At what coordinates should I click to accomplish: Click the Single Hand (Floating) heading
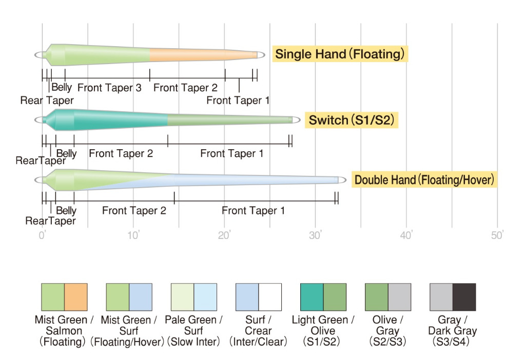coord(340,54)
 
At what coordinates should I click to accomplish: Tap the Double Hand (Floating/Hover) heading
coord(424,180)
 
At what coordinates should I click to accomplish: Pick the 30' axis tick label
coord(315,235)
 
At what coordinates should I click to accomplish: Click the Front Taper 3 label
coord(109,88)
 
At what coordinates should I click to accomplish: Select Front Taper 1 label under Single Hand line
coord(238,101)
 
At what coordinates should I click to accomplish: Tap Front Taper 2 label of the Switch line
coord(121,153)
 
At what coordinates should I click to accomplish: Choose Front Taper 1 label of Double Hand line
coord(253,210)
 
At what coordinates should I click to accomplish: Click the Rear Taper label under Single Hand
coord(47,101)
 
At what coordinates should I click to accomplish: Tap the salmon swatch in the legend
coord(75,297)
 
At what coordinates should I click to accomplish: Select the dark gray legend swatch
coord(464,297)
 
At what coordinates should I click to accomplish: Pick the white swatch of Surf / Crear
coord(270,297)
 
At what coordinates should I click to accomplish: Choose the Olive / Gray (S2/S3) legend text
coord(388,330)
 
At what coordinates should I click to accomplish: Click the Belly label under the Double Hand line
coord(66,210)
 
